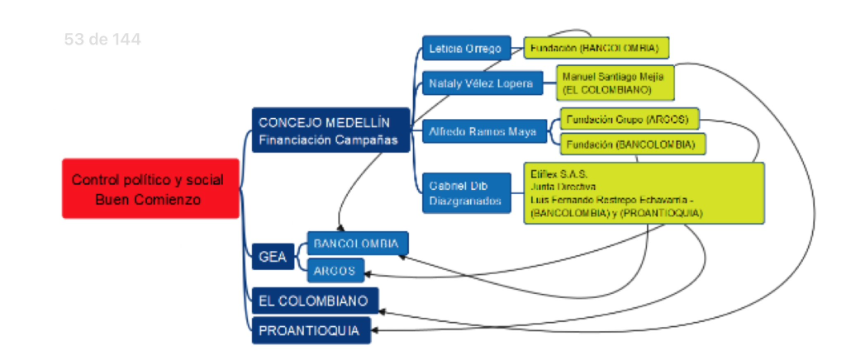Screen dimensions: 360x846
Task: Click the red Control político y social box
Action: point(148,188)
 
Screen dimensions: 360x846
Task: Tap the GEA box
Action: point(273,257)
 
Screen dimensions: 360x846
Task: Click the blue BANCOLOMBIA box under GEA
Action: point(357,244)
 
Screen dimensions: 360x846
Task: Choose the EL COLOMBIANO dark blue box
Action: point(315,301)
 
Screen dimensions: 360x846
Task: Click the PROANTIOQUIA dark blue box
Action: point(311,330)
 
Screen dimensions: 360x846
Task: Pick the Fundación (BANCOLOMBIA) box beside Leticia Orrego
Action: point(596,48)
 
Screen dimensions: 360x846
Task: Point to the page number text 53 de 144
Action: point(102,39)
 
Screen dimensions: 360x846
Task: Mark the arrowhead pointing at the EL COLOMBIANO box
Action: point(384,311)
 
